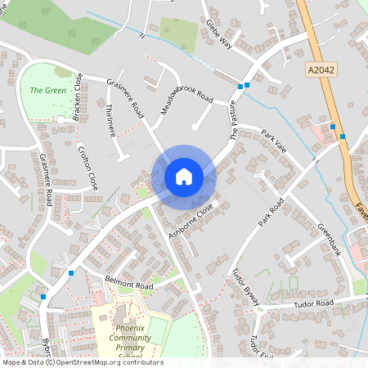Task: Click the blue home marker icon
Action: coord(184,176)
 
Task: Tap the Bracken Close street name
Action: coord(78,97)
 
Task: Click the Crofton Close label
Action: coord(89,168)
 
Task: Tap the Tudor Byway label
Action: coord(245,286)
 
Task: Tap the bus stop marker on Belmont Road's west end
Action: coord(72,273)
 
